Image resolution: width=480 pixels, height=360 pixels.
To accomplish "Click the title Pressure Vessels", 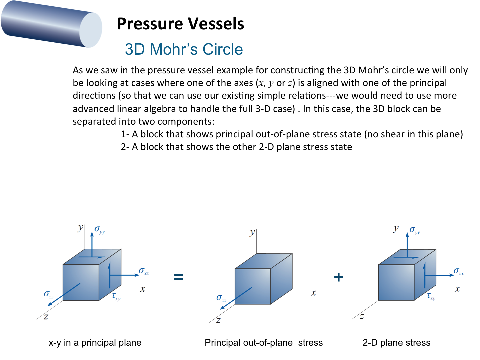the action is tap(180, 24).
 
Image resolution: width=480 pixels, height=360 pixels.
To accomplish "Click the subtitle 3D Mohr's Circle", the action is tap(184, 49).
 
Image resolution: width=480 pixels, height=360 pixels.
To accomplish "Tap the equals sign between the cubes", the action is tap(179, 277).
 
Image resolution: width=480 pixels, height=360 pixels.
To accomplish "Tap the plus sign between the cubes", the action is tap(339, 277).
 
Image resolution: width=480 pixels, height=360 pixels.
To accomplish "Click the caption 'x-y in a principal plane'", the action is tap(95, 343).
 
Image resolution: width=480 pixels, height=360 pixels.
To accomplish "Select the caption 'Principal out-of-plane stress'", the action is tap(264, 343).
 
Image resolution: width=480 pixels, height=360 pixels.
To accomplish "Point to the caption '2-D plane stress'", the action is tap(396, 343).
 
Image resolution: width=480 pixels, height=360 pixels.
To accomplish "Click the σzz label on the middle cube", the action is tap(221, 298).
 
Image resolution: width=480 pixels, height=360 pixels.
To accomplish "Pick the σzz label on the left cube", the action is tap(49, 294).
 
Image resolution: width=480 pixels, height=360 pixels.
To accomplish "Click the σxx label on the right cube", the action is tap(459, 272).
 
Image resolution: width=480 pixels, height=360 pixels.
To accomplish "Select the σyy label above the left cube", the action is tap(99, 230).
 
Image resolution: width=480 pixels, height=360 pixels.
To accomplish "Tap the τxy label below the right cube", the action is tap(431, 297).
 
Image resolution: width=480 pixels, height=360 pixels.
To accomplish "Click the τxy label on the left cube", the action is tap(116, 297).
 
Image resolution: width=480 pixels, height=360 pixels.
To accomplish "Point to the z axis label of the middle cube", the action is tap(218, 320).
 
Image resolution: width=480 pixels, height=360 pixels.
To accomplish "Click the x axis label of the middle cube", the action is tap(313, 293).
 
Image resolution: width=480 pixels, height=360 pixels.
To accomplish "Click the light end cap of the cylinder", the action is tap(91, 30).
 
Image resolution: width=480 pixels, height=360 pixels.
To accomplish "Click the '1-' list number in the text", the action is tap(125, 134).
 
